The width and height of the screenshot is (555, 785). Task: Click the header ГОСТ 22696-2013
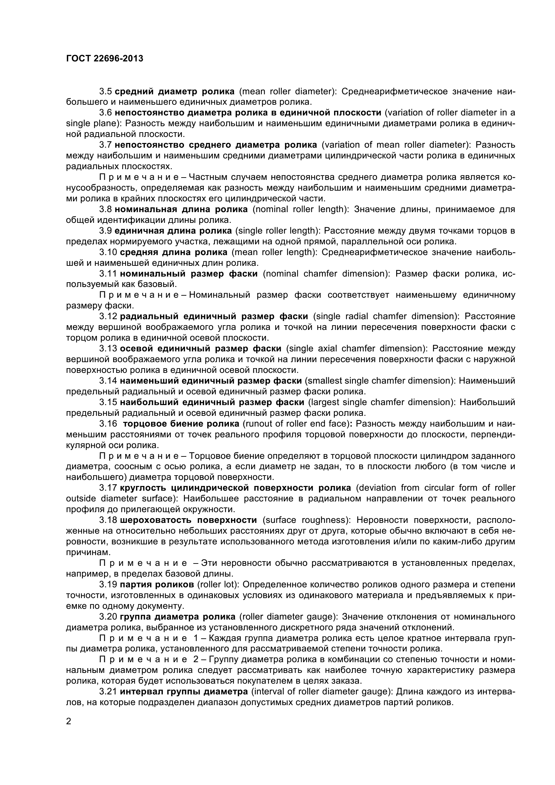(104, 59)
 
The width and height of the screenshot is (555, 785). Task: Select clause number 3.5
(106, 91)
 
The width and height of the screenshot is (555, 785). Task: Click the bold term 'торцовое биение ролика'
(181, 424)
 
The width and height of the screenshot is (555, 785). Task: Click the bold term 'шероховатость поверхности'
(188, 520)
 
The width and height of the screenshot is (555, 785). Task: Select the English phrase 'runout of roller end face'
(296, 424)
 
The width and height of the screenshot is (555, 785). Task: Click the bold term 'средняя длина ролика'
(174, 252)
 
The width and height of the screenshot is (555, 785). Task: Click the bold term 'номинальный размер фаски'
(189, 274)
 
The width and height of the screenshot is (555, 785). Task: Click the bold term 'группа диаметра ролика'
(178, 617)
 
